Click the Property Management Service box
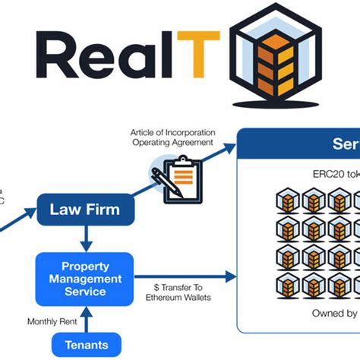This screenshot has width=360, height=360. (85, 279)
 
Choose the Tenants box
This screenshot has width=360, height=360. (85, 343)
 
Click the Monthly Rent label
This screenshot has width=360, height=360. (52, 321)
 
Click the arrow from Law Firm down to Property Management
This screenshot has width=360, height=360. (85, 238)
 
